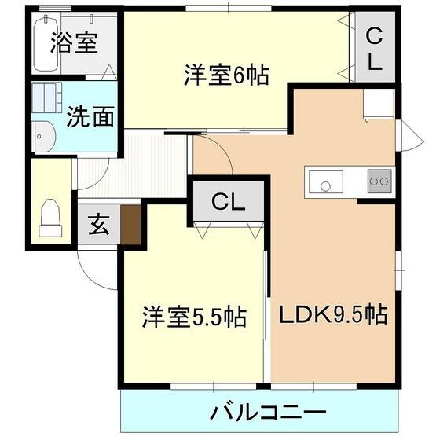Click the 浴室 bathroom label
point(74,42)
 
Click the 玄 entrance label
point(97,225)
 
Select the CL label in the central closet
point(228,201)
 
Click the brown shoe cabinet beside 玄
point(130,223)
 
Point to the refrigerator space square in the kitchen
point(378,104)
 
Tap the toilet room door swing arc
point(91,174)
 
